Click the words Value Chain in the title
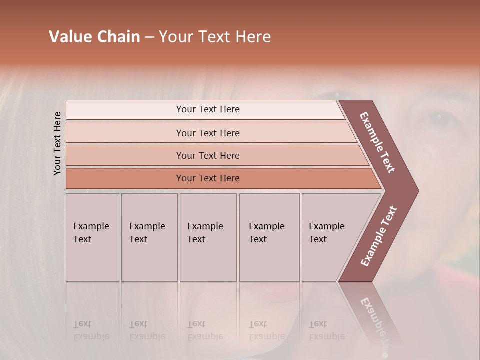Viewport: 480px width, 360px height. tap(94, 37)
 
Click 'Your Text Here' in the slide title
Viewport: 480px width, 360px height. tap(215, 37)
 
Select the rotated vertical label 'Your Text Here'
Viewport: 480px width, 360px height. tap(57, 143)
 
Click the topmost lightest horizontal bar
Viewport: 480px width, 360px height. tap(208, 109)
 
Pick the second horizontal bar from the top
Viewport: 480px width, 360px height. tap(208, 133)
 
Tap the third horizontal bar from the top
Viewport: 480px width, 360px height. tap(208, 155)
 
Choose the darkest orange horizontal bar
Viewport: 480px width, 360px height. tap(208, 178)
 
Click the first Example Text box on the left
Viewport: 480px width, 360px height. tap(92, 237)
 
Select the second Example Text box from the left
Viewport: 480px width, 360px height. tap(149, 237)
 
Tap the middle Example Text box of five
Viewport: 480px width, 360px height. tap(207, 237)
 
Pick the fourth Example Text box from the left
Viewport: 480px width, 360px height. tap(269, 237)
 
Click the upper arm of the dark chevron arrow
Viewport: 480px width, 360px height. tap(378, 142)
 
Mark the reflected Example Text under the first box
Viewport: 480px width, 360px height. tap(91, 330)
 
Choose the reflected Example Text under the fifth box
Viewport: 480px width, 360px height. tap(326, 330)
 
